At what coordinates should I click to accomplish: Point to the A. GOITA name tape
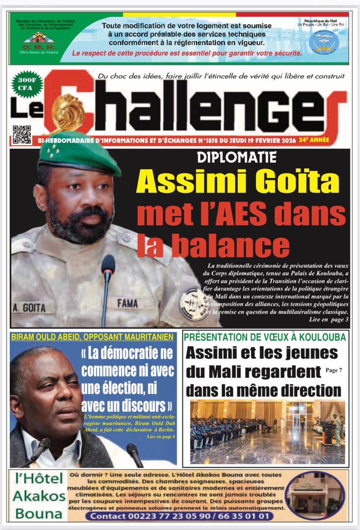tap(29, 308)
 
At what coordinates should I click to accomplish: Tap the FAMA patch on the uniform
tap(128, 303)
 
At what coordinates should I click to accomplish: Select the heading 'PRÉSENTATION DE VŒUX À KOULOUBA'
tap(265, 337)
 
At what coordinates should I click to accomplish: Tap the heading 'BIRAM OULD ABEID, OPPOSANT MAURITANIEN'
tap(92, 337)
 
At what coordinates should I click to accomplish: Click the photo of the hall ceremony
tap(267, 432)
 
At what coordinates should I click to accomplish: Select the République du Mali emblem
tap(324, 42)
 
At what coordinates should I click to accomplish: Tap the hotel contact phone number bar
tap(180, 516)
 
